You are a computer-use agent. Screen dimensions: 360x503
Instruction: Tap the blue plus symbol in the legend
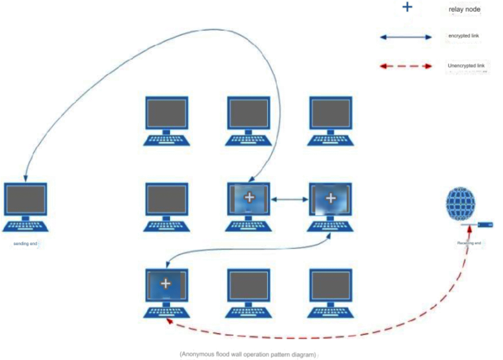click(407, 7)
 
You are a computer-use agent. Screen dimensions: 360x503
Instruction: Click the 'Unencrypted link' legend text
click(466, 66)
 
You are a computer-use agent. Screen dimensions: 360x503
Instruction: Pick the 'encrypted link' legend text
click(460, 36)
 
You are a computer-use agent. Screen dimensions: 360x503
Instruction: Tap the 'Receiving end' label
click(469, 243)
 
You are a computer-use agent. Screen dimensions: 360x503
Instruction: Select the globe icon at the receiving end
click(460, 204)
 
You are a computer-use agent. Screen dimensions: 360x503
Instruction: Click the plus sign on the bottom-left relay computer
click(165, 284)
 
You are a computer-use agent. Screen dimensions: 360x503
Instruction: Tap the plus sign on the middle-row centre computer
click(249, 198)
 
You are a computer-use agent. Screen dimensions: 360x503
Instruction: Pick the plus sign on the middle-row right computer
click(330, 198)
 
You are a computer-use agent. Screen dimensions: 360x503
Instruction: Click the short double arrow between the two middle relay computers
click(290, 200)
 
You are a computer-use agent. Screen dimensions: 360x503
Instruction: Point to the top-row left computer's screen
click(166, 113)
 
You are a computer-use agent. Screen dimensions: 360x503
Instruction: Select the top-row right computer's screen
click(330, 113)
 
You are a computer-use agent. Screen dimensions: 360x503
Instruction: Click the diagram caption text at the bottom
click(248, 354)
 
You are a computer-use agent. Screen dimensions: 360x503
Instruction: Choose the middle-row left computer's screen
click(166, 200)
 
